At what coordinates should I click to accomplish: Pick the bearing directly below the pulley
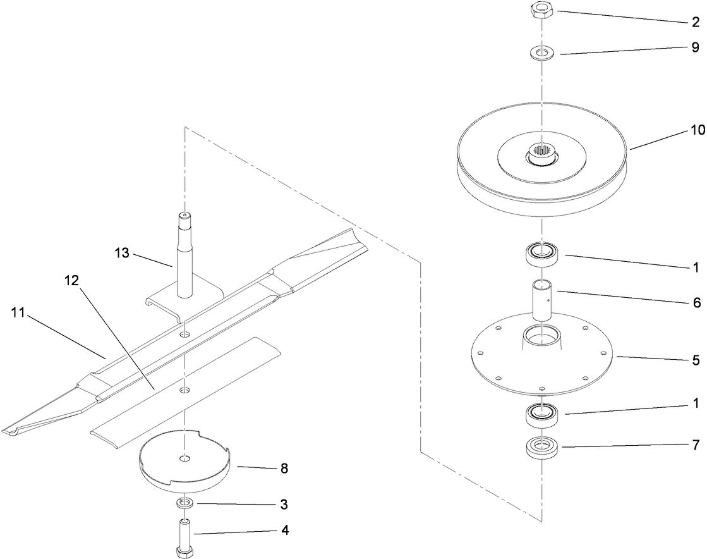tap(542, 254)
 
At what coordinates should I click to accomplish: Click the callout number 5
tap(696, 361)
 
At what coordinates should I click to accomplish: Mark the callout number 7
tap(696, 446)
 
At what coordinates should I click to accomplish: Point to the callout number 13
tap(122, 253)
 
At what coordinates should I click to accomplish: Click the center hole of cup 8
tap(184, 457)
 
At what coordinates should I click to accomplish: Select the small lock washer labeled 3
tap(184, 503)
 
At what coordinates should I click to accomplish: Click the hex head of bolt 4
tap(184, 552)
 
